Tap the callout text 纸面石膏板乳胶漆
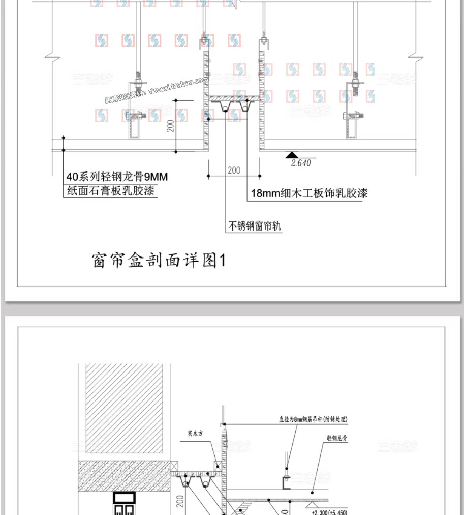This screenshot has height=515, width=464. coord(111,191)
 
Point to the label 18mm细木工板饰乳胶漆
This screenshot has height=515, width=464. coord(309,193)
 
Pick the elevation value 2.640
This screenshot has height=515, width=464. coord(300,163)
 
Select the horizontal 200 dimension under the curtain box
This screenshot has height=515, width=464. coord(234,170)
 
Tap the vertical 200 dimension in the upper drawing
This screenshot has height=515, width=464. coord(171,125)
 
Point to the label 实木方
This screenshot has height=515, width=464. coord(195,434)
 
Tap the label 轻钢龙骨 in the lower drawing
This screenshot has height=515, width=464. coord(337,437)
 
